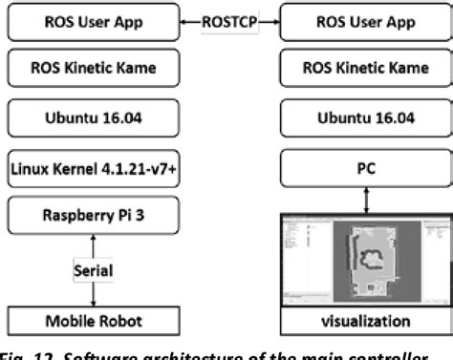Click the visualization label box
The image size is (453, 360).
[x=360, y=321]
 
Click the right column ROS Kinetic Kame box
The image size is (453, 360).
[x=360, y=70]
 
